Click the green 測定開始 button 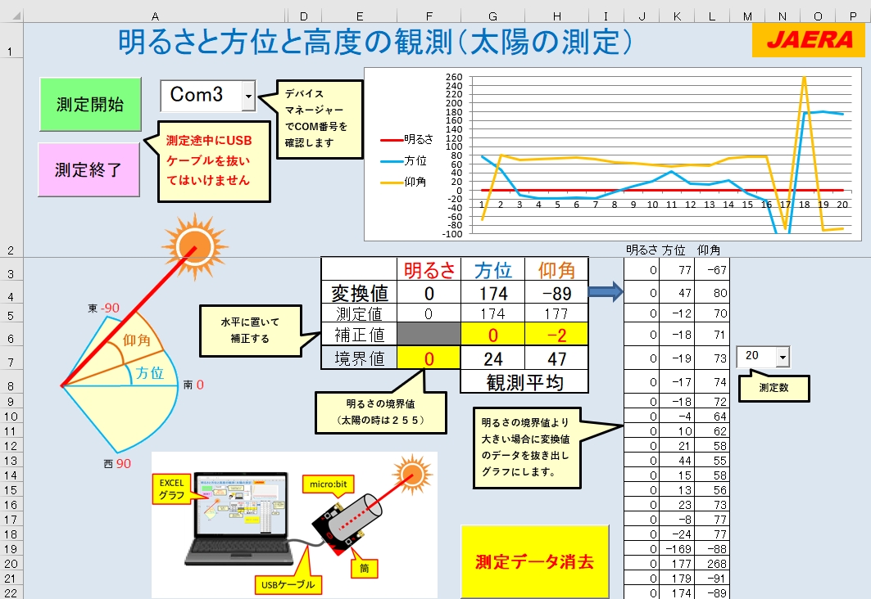(x=91, y=104)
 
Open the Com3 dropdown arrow (x=248, y=96)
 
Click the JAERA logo (x=809, y=39)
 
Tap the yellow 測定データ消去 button (x=534, y=561)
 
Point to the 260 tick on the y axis (x=454, y=77)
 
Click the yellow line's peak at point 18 (x=804, y=78)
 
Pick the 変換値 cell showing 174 (x=492, y=293)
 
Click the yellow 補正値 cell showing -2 (x=556, y=335)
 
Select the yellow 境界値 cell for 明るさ (x=429, y=358)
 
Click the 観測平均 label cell (x=524, y=381)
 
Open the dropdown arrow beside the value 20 (x=783, y=357)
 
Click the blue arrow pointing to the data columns (x=606, y=291)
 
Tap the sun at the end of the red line (x=194, y=246)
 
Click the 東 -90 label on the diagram (x=103, y=308)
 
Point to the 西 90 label (x=117, y=464)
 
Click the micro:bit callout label (x=329, y=484)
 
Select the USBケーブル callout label (x=288, y=584)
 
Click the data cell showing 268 (x=712, y=564)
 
